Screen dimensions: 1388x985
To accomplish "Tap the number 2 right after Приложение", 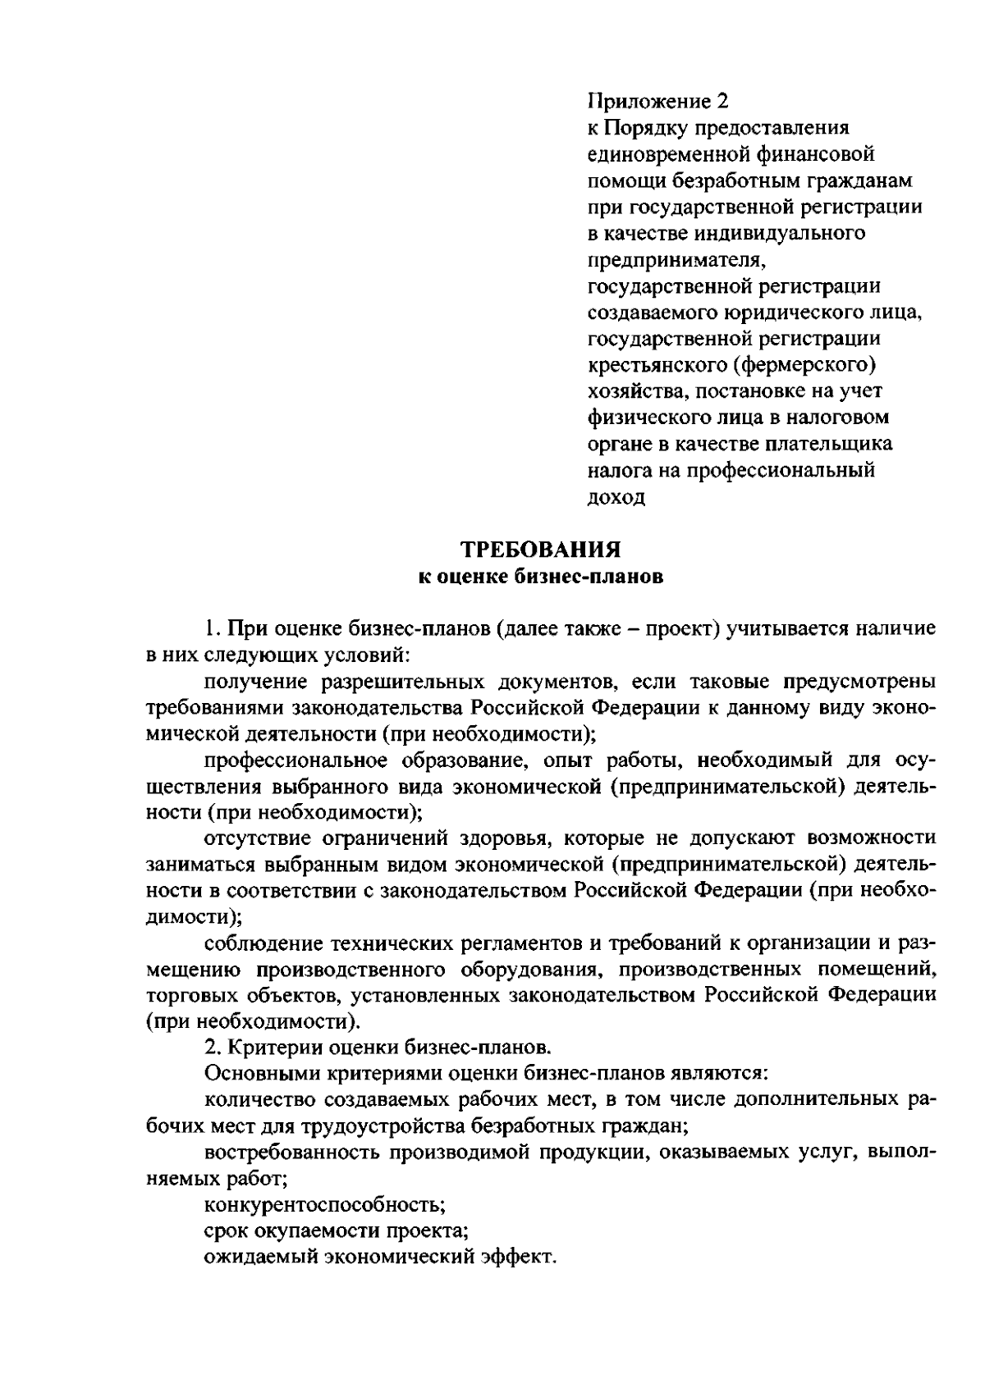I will pos(722,102).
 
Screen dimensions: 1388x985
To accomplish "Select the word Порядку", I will pos(646,129).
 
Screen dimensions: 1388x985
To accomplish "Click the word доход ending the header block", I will pos(616,497).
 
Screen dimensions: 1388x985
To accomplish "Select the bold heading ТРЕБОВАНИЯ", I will pos(539,549).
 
